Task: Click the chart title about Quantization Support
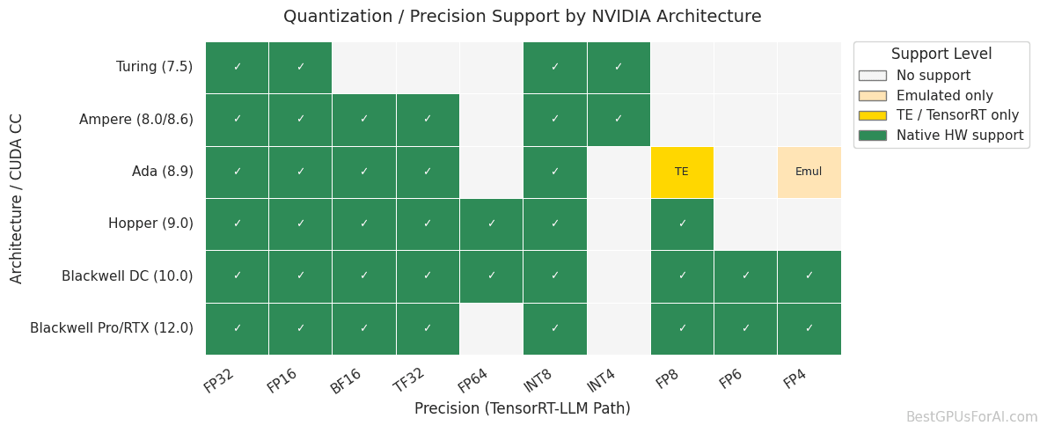coord(522,17)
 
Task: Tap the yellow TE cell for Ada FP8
coord(682,172)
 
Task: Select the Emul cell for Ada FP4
coord(809,172)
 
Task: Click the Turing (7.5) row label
coord(154,67)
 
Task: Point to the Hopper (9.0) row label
coord(150,224)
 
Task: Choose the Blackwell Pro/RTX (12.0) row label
coord(112,328)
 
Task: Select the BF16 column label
coord(346,381)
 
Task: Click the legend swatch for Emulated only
coord(873,96)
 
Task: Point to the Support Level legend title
coord(941,55)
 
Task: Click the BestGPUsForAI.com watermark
coord(971,417)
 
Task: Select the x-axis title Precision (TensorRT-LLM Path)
coord(522,409)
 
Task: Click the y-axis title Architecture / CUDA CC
coord(17,198)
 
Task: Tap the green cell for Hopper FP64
coord(491,224)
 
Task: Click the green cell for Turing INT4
coord(619,67)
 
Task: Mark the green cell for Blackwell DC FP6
coord(745,275)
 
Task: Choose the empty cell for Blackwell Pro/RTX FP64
coord(491,328)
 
